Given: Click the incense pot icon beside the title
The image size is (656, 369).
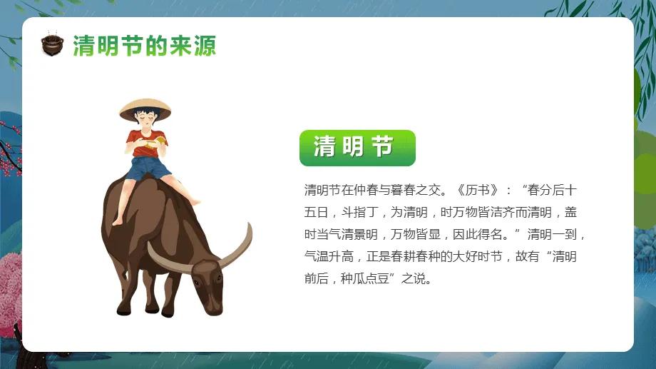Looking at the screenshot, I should (52, 46).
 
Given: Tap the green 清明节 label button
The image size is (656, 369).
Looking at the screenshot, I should (357, 148).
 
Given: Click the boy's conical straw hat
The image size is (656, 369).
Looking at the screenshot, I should (145, 108).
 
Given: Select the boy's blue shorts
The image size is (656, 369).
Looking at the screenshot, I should (148, 168).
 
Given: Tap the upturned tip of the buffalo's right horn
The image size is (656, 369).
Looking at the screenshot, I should (249, 227).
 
